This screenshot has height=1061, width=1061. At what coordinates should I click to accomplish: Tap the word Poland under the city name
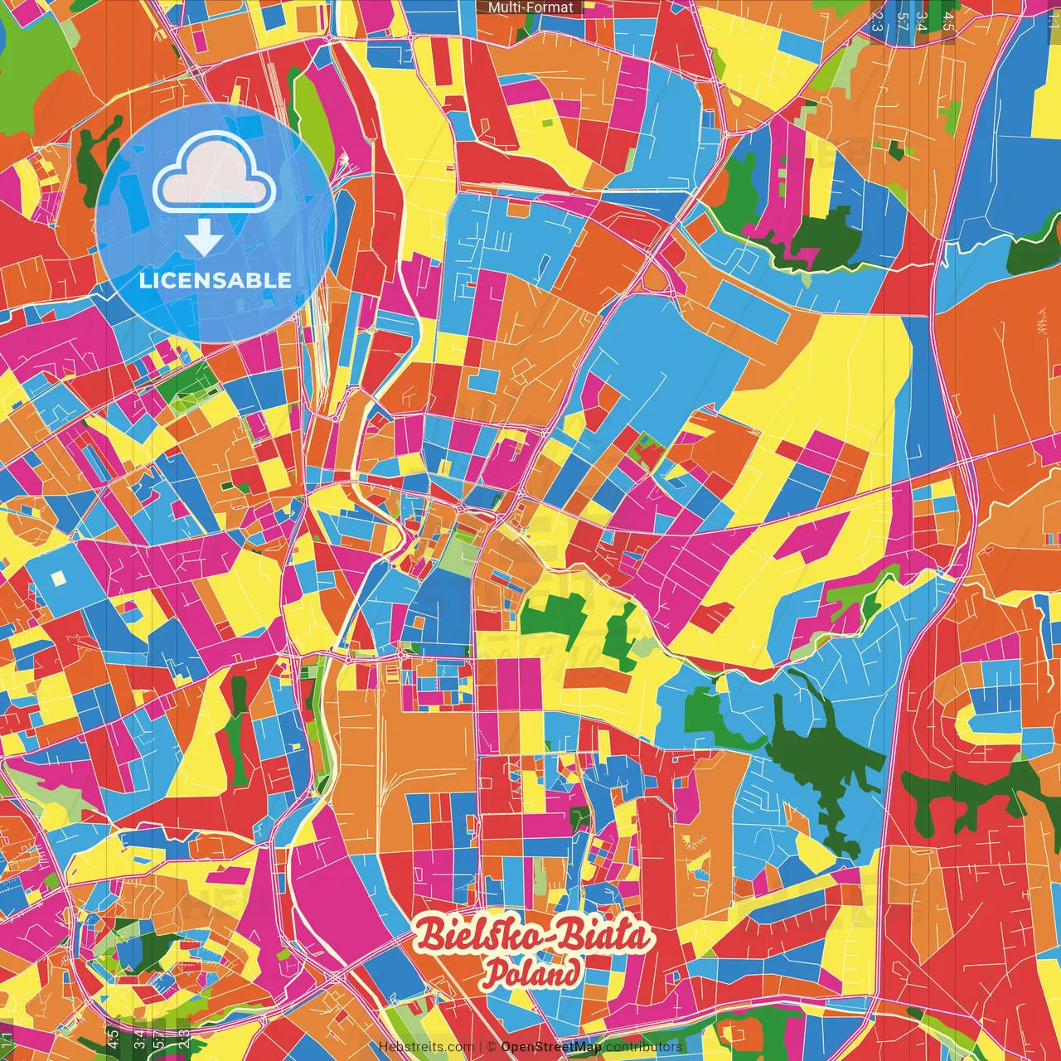click(531, 973)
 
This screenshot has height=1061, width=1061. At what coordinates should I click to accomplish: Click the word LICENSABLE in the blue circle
click(216, 280)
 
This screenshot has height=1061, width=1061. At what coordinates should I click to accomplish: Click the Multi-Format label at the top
click(530, 7)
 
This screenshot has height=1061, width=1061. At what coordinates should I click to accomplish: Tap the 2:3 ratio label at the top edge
click(877, 20)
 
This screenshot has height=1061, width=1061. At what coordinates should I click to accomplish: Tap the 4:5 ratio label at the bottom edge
click(114, 1039)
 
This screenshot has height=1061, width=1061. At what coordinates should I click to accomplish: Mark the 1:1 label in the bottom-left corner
click(7, 1039)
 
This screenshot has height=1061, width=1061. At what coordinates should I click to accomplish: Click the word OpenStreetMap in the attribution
click(550, 1047)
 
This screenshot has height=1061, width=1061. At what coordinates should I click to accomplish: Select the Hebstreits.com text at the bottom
click(426, 1047)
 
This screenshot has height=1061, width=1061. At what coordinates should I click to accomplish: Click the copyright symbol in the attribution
click(492, 1047)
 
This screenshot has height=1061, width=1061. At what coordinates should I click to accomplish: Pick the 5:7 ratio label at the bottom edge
click(160, 1039)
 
